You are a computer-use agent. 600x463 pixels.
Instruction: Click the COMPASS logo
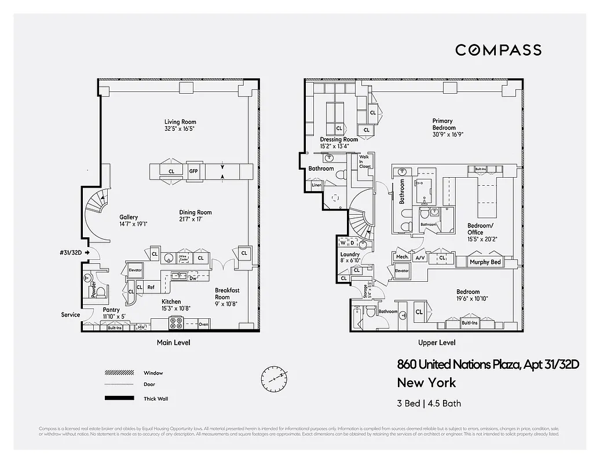coord(498,50)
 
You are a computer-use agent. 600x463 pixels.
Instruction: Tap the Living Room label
coord(180,122)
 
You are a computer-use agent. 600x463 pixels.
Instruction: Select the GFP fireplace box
coord(193,171)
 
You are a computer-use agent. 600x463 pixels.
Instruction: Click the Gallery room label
coord(129,217)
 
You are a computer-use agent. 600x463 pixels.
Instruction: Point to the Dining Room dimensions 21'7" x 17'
coord(196,220)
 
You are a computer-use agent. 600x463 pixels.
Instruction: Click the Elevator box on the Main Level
coord(135,270)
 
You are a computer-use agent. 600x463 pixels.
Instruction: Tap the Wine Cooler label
coord(184,258)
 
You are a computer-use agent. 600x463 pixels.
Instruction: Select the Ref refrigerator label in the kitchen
coord(151,287)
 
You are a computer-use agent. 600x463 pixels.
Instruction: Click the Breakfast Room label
coord(226,290)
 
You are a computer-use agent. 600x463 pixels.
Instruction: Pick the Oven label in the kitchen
coord(203,324)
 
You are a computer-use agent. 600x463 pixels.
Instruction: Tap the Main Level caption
coord(173,343)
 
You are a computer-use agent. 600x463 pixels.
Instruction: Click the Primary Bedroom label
coord(444,124)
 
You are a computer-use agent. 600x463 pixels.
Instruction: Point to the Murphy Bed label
coord(485,262)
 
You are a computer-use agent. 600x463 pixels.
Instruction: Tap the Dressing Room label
coord(339,139)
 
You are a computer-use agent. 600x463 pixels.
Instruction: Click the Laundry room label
coord(350,255)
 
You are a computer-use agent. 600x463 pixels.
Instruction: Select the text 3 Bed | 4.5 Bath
coord(429,403)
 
